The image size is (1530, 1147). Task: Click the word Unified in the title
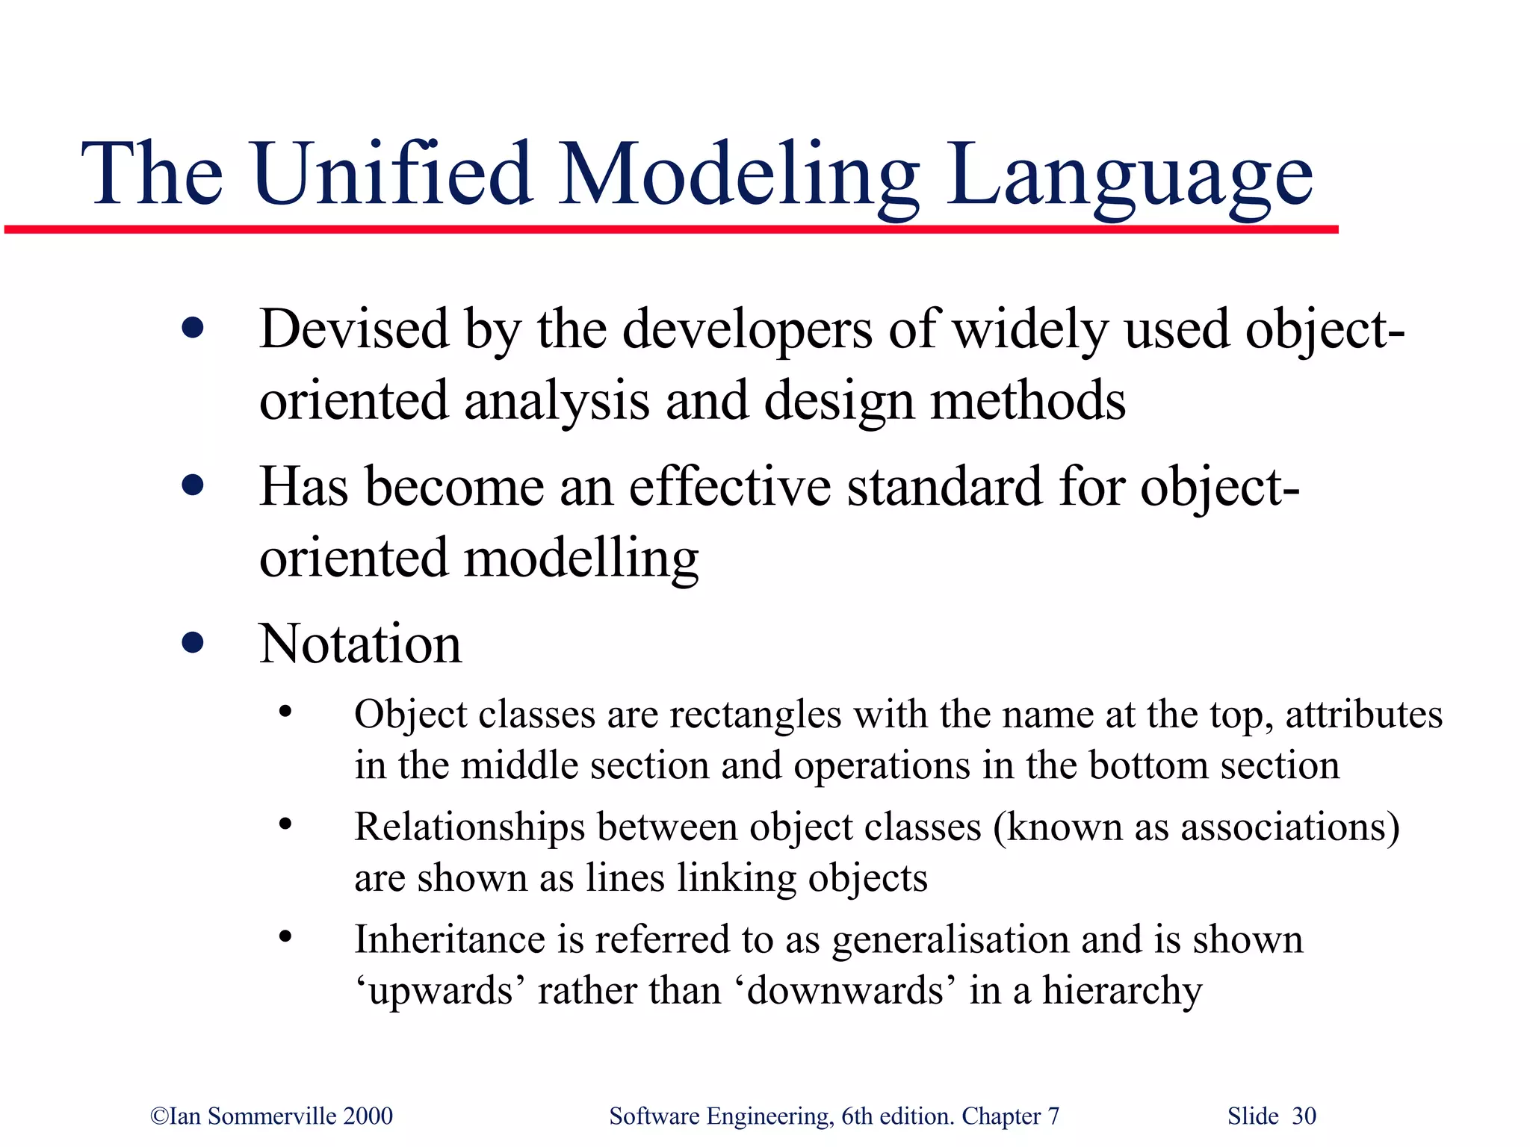pyautogui.click(x=393, y=174)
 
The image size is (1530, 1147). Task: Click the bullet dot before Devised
pyautogui.click(x=193, y=329)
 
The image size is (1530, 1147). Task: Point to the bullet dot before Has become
pyautogui.click(x=193, y=486)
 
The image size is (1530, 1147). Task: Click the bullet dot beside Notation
pyautogui.click(x=193, y=642)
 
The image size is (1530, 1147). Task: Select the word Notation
pyautogui.click(x=360, y=644)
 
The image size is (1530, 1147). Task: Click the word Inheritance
pyautogui.click(x=449, y=939)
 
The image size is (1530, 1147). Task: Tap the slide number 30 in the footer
pyautogui.click(x=1304, y=1116)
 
